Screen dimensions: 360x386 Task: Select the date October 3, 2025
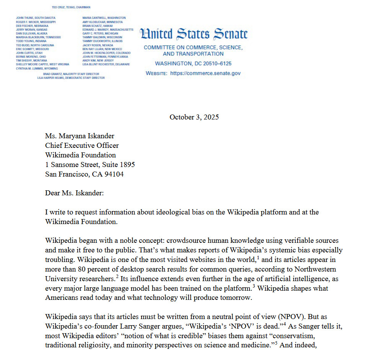(x=194, y=117)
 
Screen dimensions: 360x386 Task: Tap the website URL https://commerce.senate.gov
(x=205, y=73)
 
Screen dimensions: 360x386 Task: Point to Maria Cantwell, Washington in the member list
(x=104, y=18)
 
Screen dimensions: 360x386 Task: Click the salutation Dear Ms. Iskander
(x=74, y=193)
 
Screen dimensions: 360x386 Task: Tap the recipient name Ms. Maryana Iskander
(x=80, y=136)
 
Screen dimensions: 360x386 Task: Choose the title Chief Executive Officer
(x=82, y=146)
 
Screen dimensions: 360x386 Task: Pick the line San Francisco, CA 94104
(x=84, y=174)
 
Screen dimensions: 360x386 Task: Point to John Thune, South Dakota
(x=36, y=18)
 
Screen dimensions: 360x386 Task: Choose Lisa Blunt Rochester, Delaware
(x=106, y=64)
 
